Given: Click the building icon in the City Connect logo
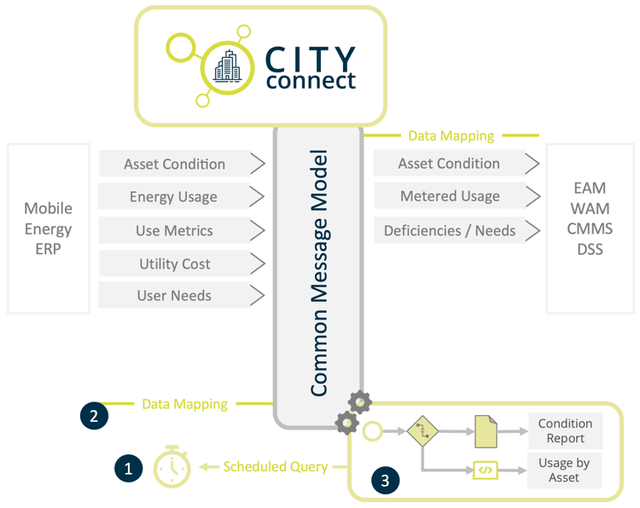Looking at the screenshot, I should (228, 66).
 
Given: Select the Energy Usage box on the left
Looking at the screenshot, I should (173, 197).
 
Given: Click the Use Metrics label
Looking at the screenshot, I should (174, 230).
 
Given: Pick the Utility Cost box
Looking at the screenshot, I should (174, 263).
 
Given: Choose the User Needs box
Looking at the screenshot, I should (174, 296).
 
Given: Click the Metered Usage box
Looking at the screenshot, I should (450, 196).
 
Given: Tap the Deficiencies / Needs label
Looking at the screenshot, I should (450, 230).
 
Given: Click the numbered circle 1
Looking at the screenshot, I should (128, 467).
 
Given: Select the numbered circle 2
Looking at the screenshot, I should (94, 414).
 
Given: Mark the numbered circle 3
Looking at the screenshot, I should (385, 481).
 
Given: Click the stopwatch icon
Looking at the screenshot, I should (172, 466).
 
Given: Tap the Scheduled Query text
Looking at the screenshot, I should (275, 466).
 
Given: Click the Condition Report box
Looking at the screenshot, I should (565, 430).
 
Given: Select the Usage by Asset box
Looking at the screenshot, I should (565, 470).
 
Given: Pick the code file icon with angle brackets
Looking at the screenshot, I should (486, 470).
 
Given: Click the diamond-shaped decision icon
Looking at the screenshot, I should (422, 431).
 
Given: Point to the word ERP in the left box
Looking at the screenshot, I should (48, 251).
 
